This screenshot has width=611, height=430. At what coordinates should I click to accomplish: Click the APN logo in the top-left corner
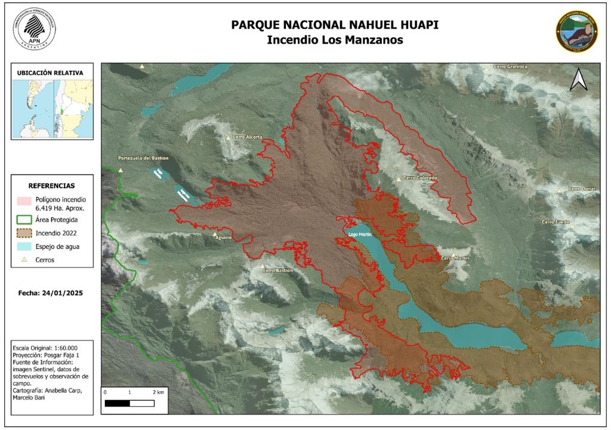(34, 29)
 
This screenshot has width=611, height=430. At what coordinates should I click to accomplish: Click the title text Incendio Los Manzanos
(335, 41)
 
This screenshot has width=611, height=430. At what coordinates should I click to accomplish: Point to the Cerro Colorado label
(419, 178)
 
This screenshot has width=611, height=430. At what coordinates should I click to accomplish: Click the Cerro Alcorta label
(247, 137)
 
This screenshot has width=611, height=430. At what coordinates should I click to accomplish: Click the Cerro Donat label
(582, 189)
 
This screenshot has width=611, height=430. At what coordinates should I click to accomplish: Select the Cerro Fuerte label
(556, 222)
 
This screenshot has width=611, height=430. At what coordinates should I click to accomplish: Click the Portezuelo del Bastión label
(143, 158)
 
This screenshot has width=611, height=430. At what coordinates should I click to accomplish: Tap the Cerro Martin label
(455, 258)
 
